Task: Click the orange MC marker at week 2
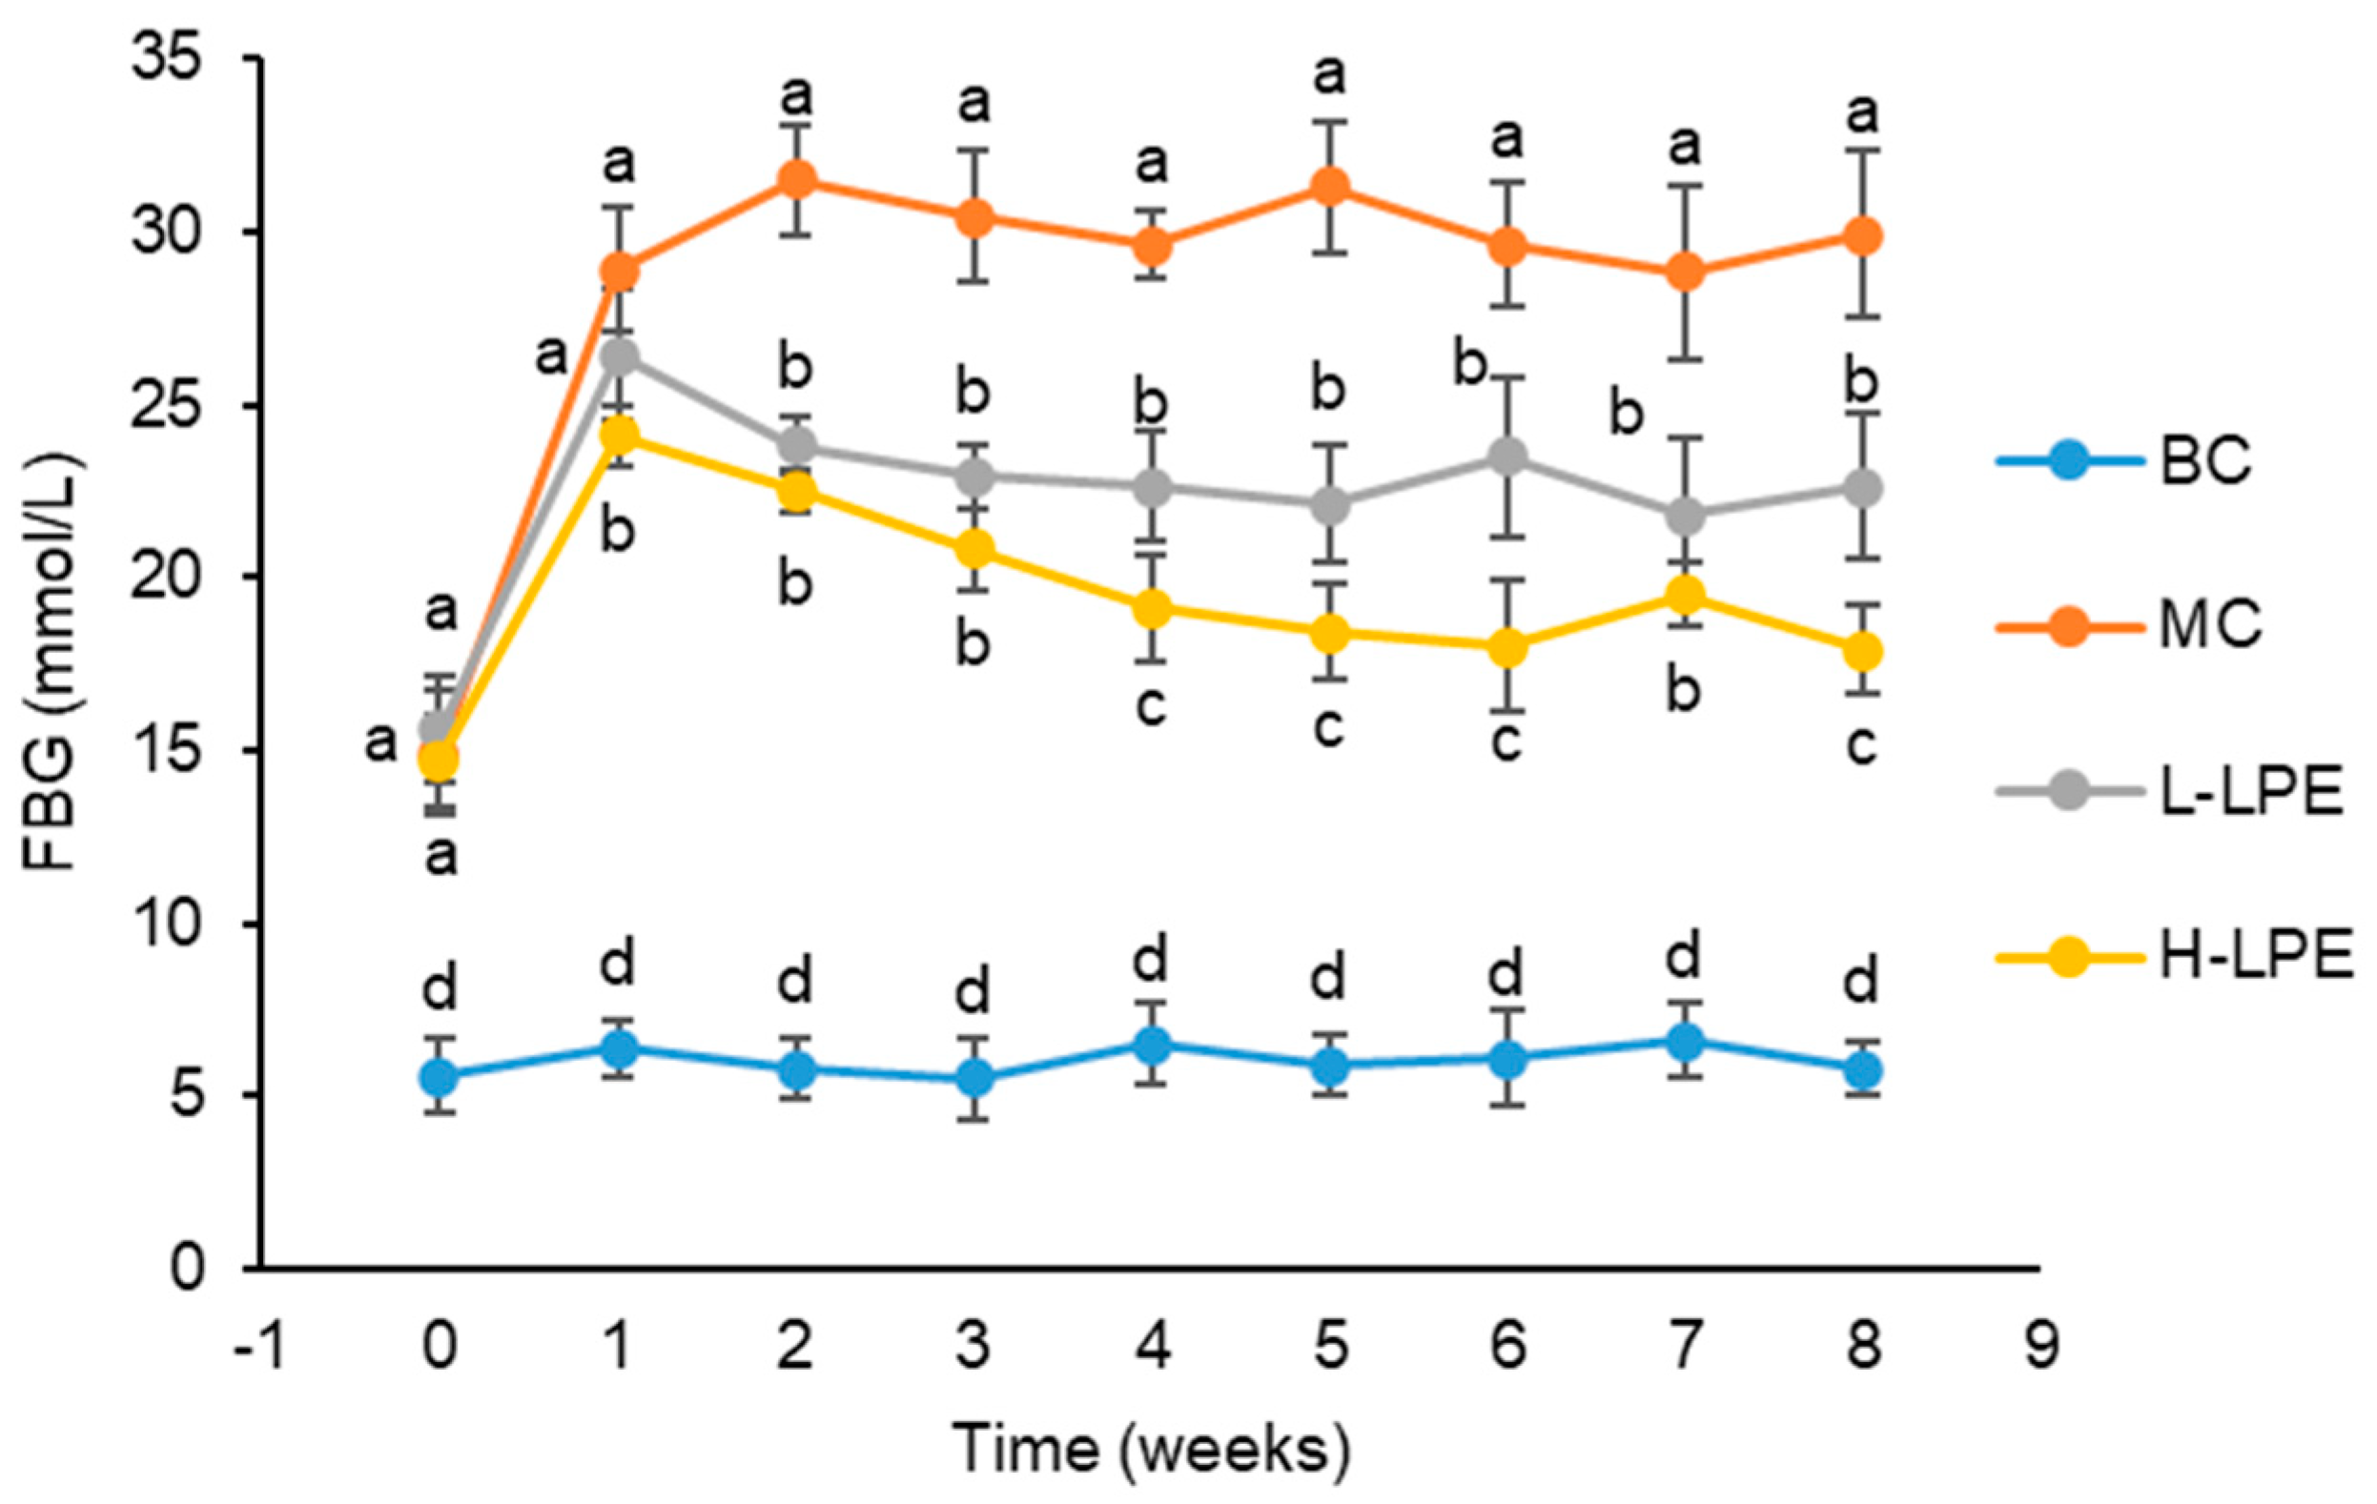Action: pos(795,179)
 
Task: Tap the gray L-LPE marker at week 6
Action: pos(1506,457)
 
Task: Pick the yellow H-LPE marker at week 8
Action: pos(1862,650)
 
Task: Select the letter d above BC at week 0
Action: pos(441,986)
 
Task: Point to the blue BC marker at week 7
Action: pos(1684,1040)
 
